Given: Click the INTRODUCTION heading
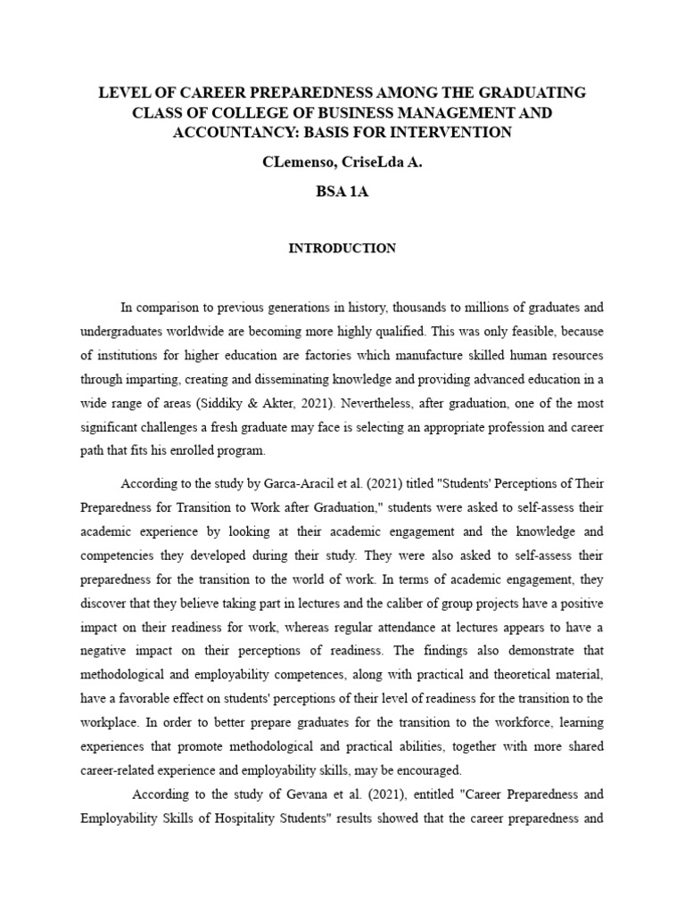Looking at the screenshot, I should (x=342, y=249).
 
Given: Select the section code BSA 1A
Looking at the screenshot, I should (x=342, y=192).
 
